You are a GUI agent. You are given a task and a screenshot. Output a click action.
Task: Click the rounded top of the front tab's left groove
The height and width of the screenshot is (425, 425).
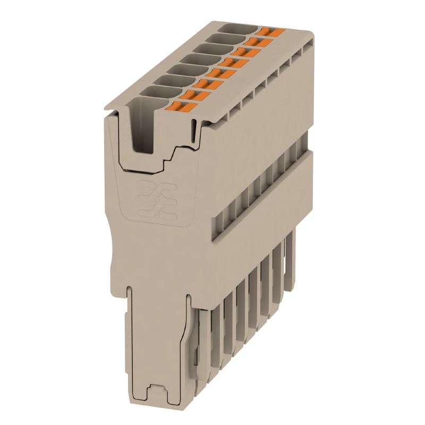[x=130, y=290]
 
